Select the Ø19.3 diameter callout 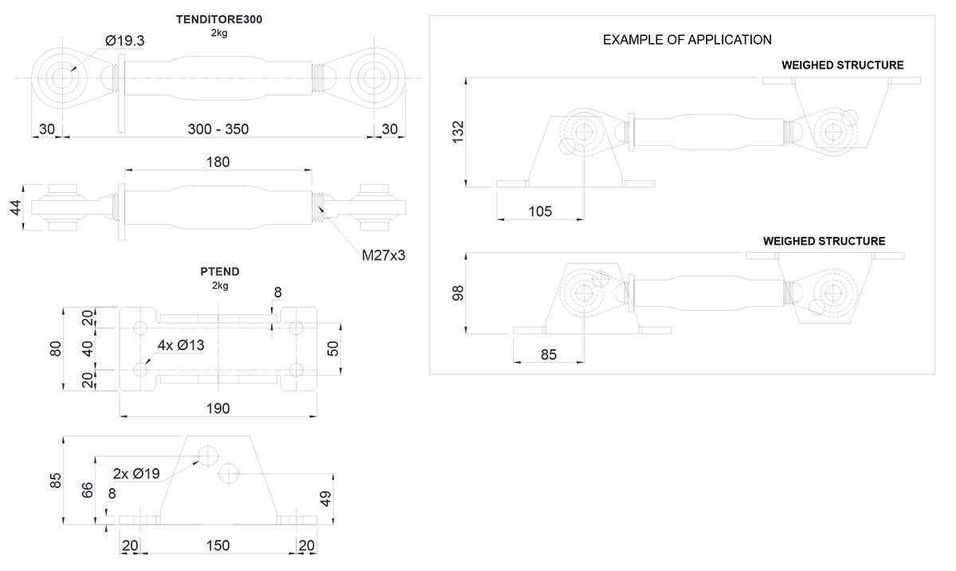click(124, 41)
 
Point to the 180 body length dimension click(217, 162)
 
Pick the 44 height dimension click(15, 208)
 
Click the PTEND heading click(220, 272)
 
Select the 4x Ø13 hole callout click(182, 346)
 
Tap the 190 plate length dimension click(217, 408)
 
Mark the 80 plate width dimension click(56, 349)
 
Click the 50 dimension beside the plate click(333, 348)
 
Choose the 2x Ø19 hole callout click(136, 474)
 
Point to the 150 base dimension click(217, 545)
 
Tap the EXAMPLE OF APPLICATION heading click(687, 39)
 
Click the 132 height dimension click(458, 132)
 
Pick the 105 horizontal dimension click(540, 211)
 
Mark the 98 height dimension click(458, 293)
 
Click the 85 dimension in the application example click(548, 354)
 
